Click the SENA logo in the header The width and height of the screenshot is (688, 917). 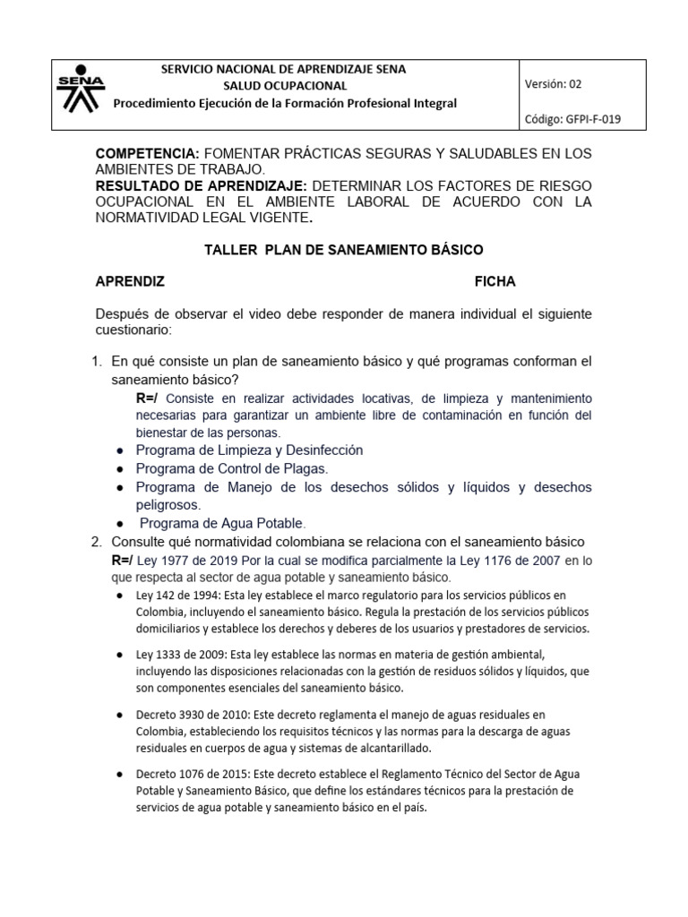coord(81,86)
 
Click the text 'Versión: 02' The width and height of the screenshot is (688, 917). coord(554,84)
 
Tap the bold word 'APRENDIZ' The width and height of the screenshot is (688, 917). coord(130,281)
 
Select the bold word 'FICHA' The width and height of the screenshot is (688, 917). coord(494,281)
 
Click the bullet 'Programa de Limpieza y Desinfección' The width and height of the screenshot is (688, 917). coord(249,450)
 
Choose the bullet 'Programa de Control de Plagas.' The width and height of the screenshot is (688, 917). coord(232,468)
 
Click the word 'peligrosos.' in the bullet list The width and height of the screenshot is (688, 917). coord(168,504)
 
